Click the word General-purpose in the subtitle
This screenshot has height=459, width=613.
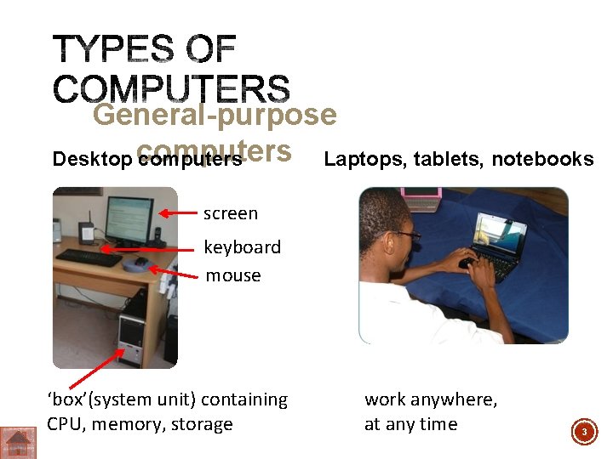click(x=215, y=115)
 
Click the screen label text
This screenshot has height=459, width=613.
click(x=230, y=213)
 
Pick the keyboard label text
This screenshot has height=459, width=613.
click(x=242, y=247)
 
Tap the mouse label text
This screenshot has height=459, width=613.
click(x=232, y=275)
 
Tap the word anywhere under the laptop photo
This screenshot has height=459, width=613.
click(x=454, y=399)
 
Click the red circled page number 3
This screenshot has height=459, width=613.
click(x=584, y=433)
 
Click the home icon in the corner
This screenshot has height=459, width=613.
click(x=17, y=442)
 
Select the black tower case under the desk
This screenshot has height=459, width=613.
click(x=134, y=340)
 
